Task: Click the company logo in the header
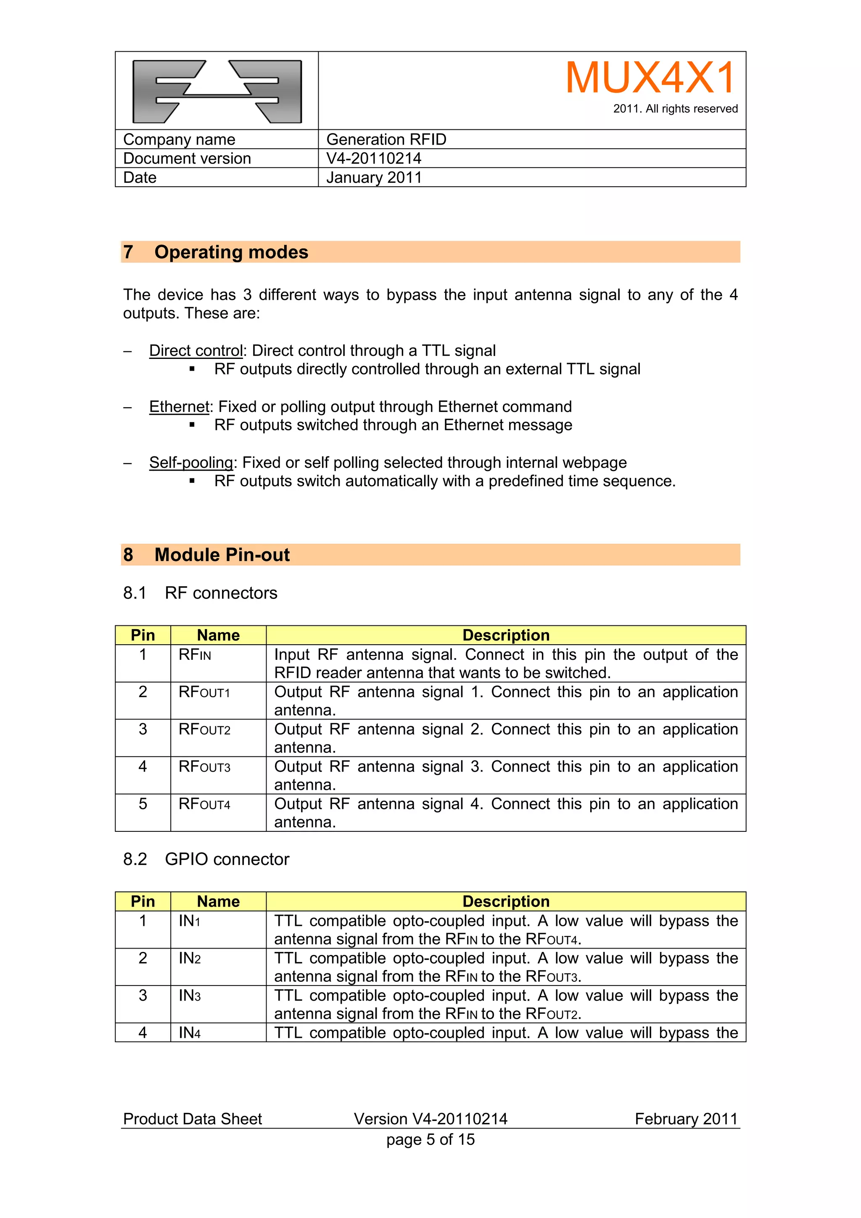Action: pos(217,91)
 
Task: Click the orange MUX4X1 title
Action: pos(650,78)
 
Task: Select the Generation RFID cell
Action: pos(386,140)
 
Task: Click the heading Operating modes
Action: pos(231,252)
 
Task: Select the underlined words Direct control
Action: pos(196,351)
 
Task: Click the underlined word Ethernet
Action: pos(180,407)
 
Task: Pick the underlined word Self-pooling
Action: pos(191,463)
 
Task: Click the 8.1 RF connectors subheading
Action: pos(200,593)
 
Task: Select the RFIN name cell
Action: pos(195,655)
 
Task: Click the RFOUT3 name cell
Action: pos(204,767)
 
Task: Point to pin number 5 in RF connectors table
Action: pos(143,804)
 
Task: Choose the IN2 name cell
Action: pos(189,959)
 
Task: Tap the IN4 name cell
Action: pos(189,1033)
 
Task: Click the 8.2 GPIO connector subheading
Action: pos(206,859)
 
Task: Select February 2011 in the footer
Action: pos(686,1119)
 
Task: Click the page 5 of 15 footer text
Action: pos(430,1139)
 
